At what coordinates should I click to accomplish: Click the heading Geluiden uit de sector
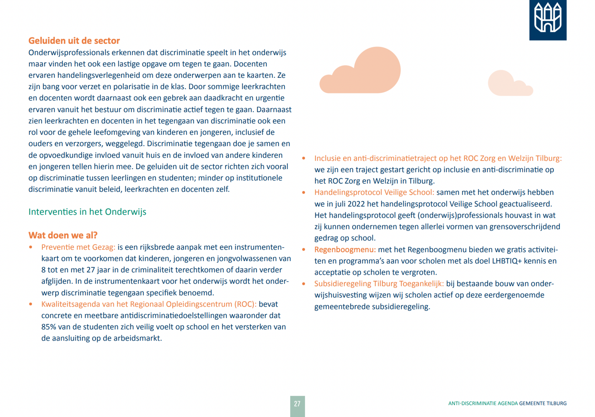(74, 41)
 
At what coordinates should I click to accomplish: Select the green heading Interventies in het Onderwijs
(87, 212)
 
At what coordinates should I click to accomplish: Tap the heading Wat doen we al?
(63, 235)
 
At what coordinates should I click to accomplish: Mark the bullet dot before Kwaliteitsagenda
(31, 304)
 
